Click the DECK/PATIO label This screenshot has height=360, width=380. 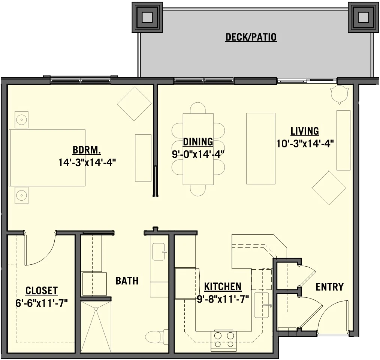[251, 37]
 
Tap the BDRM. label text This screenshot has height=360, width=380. [87, 151]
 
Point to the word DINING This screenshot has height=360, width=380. [198, 142]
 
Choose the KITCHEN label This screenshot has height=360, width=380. [223, 287]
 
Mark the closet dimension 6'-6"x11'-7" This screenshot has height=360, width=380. [42, 303]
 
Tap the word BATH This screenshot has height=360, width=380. [127, 280]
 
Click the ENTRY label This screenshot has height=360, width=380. [329, 287]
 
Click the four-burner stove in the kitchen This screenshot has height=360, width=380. [224, 339]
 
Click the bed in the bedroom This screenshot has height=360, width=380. [47, 157]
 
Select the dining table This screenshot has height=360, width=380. [198, 149]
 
